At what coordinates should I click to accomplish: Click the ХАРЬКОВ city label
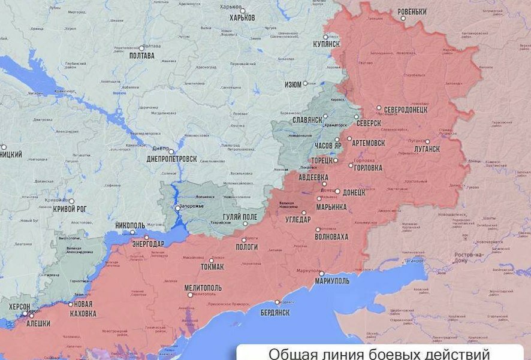click(242, 18)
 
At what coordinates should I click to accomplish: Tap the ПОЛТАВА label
click(141, 56)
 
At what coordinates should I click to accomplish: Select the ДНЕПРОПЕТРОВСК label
click(171, 159)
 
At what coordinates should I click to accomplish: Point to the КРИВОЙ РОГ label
click(71, 209)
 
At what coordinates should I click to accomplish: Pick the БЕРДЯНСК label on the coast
click(275, 313)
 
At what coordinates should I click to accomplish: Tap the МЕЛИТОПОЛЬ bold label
click(203, 288)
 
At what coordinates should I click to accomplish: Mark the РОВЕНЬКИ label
click(412, 12)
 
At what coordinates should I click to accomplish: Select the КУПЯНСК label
click(327, 44)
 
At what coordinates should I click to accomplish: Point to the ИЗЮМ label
click(293, 85)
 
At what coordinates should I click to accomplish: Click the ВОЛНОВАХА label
click(331, 237)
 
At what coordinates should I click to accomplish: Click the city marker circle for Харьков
click(242, 10)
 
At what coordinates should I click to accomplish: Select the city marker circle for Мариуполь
click(321, 274)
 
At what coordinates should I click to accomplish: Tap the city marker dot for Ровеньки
click(403, 19)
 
